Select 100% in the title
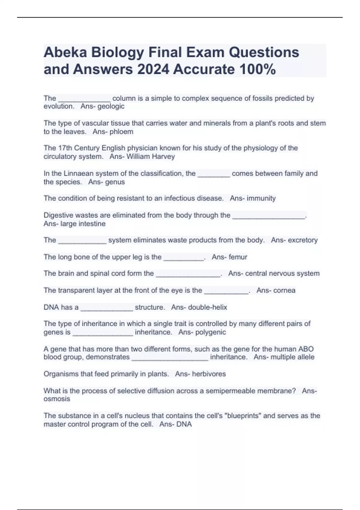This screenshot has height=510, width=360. pos(258,70)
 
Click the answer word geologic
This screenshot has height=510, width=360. pos(111,106)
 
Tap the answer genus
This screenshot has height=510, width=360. pos(115,182)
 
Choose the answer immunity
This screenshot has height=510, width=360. pos(261,198)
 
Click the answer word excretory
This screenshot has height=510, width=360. pos(302,240)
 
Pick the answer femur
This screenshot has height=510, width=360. pos(238,257)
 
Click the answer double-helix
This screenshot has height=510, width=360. pos(207,307)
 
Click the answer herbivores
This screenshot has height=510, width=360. pos(209,374)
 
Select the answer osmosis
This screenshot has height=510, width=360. pos(57,399)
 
